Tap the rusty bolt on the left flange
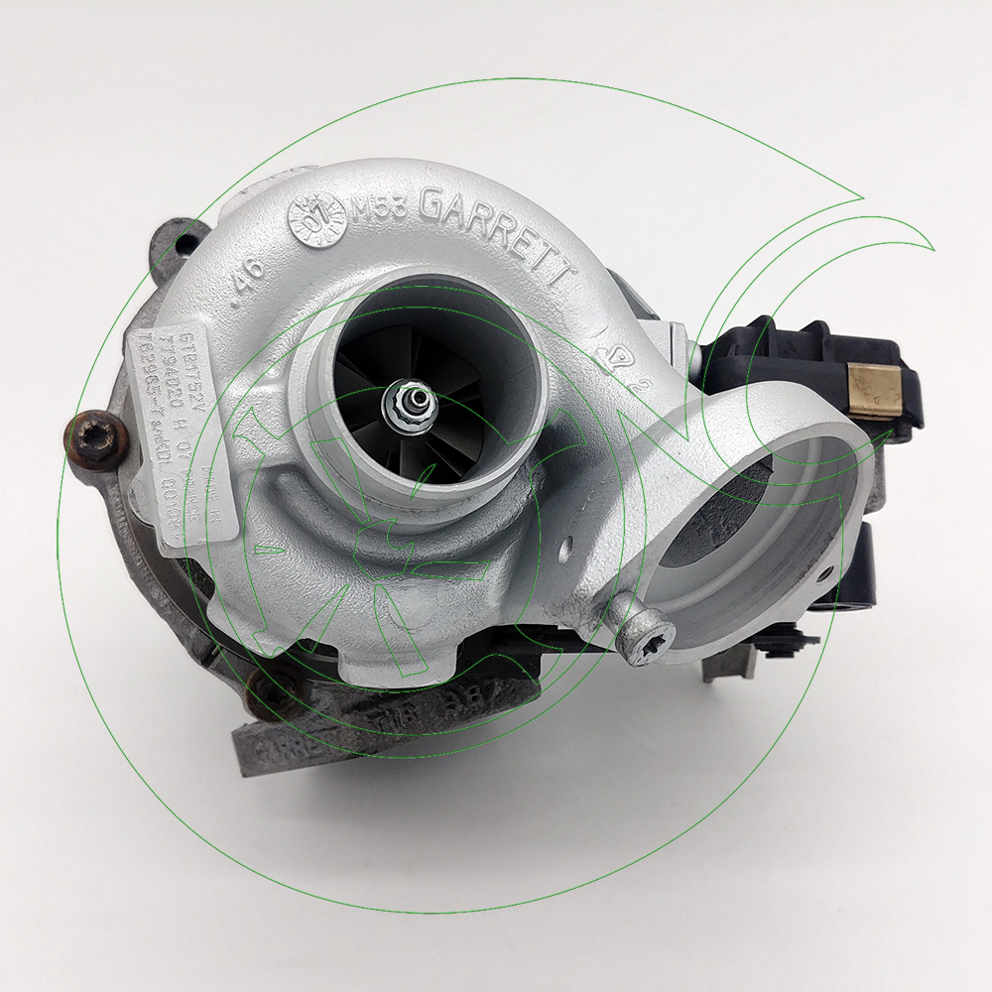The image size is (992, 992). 97,437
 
